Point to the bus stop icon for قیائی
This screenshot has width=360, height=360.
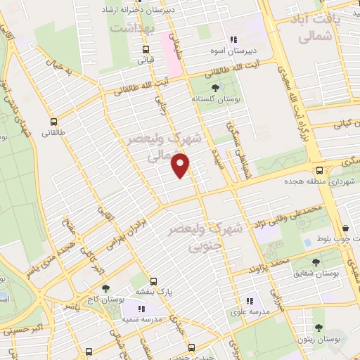pyautogui.click(x=146, y=49)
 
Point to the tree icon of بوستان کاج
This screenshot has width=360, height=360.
pyautogui.click(x=105, y=288)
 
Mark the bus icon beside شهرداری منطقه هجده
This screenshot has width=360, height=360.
pyautogui.click(x=320, y=169)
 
